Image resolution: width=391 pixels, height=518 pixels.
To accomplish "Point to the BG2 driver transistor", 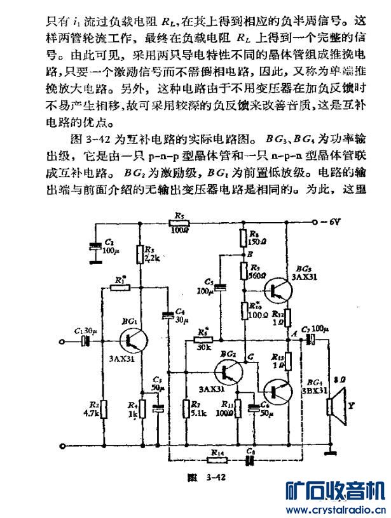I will (228, 372).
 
